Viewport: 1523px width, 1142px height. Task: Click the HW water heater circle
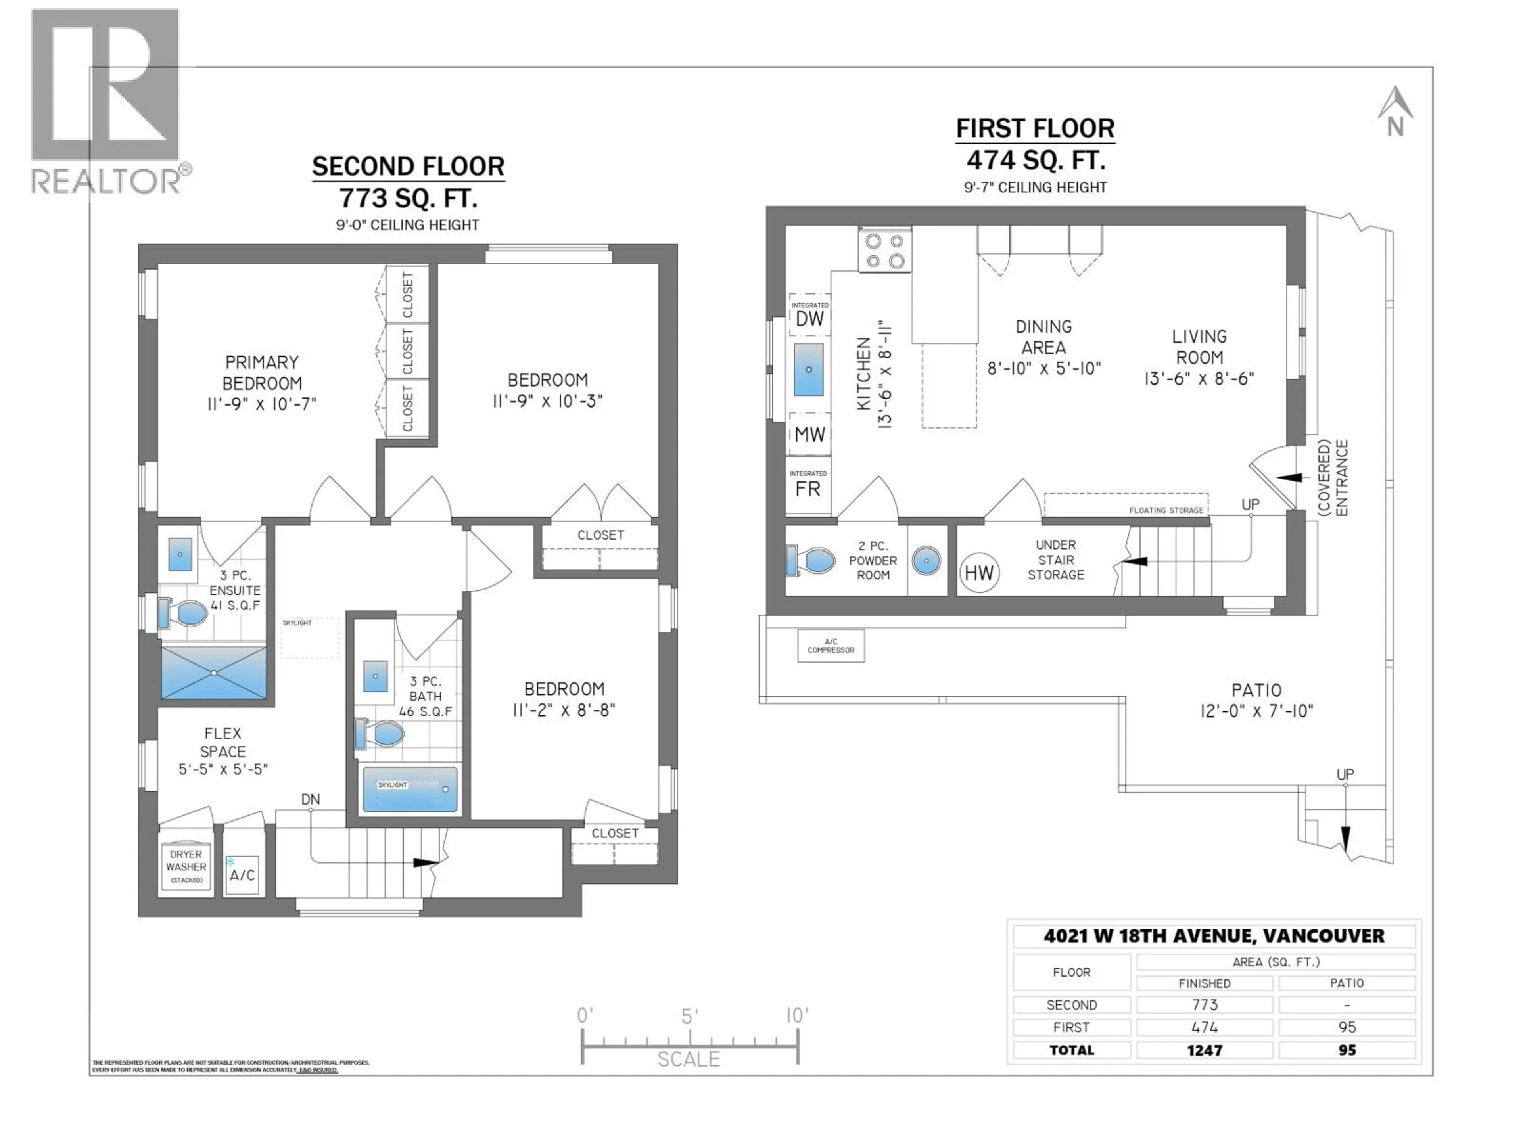[978, 573]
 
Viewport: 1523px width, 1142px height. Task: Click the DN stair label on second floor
[311, 799]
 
